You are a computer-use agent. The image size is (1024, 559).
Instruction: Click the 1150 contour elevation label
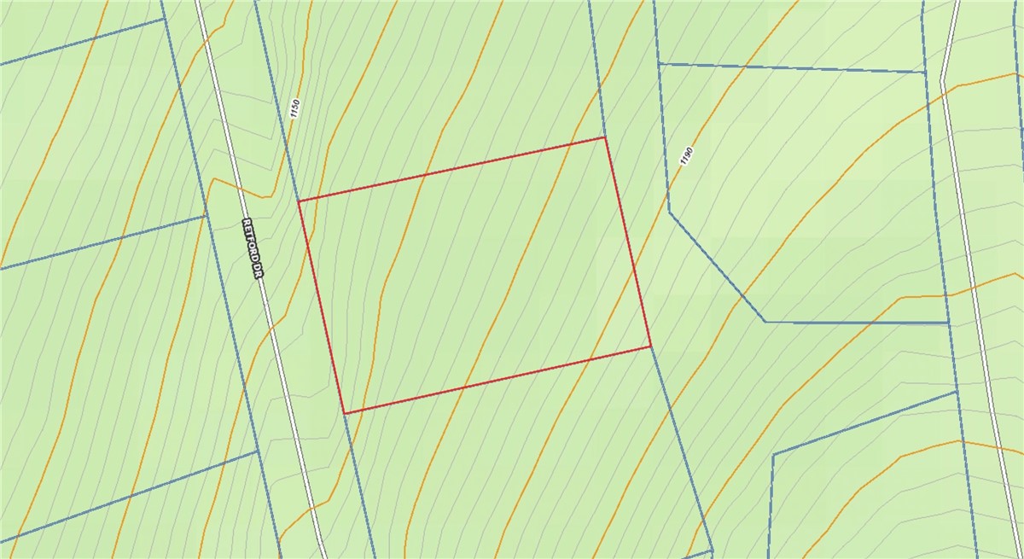click(x=295, y=108)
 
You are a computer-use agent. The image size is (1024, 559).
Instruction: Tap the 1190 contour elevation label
click(x=686, y=156)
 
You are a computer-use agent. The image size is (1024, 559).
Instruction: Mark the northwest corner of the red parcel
click(x=299, y=201)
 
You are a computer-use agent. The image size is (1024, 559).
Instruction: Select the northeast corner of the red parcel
click(x=605, y=137)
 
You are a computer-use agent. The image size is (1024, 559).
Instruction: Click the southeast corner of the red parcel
click(x=651, y=346)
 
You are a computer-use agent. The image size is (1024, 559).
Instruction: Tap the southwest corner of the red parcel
click(x=345, y=413)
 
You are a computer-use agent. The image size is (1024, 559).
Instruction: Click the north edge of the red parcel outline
click(x=452, y=169)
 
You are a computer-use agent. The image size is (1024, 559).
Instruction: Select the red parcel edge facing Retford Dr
click(x=322, y=307)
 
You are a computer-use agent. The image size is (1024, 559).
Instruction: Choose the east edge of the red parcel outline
click(x=628, y=242)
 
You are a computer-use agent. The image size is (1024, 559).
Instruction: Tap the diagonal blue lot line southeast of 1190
click(x=717, y=265)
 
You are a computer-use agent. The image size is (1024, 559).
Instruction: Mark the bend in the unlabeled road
click(x=942, y=84)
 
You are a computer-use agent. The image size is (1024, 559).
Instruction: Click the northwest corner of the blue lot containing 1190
click(x=658, y=63)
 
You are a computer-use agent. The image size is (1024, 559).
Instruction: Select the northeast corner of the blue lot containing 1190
click(x=926, y=73)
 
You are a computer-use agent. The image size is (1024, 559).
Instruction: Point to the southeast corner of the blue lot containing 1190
click(x=949, y=323)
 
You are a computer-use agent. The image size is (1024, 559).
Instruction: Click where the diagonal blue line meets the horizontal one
click(x=765, y=322)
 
